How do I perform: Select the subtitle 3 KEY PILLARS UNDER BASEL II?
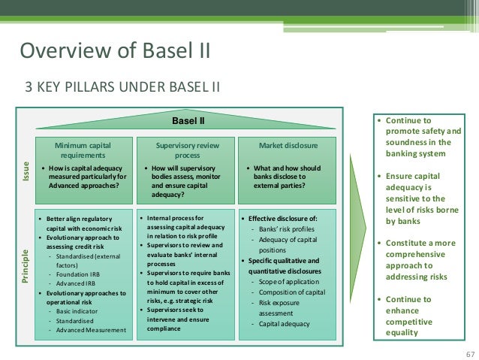pyautogui.click(x=124, y=84)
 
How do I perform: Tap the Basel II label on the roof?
pyautogui.click(x=188, y=119)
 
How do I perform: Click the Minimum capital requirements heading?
pyautogui.click(x=82, y=149)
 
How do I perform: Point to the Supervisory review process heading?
pyautogui.click(x=183, y=149)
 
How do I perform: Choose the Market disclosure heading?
pyautogui.click(x=288, y=144)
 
